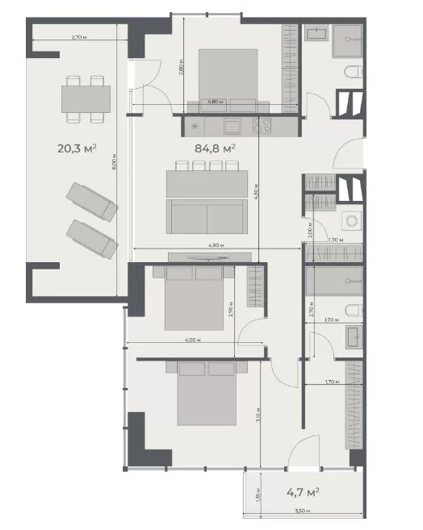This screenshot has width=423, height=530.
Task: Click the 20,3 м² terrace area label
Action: [77, 148]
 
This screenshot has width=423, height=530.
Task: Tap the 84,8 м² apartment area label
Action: [216, 148]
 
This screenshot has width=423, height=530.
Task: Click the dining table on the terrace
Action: [86, 98]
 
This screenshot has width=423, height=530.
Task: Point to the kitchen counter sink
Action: [232, 126]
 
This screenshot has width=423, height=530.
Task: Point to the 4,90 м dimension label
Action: [216, 244]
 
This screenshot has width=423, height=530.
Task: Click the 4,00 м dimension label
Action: [191, 340]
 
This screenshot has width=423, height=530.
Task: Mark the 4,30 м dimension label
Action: [255, 193]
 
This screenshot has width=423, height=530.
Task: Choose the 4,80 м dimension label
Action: [215, 102]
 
